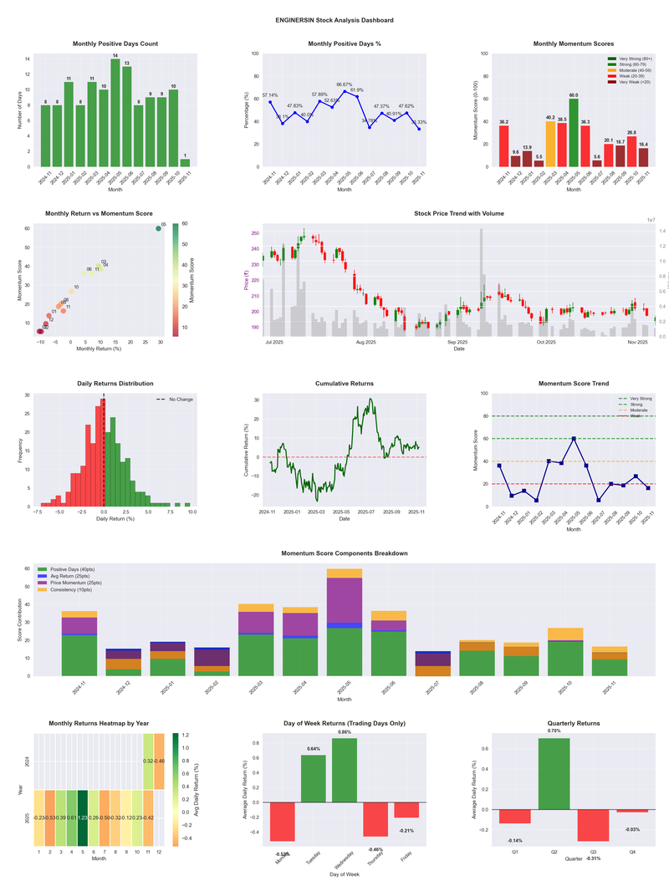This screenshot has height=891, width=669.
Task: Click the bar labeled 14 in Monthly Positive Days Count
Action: [x=115, y=113]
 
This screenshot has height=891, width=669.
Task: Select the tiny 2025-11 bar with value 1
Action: [x=185, y=162]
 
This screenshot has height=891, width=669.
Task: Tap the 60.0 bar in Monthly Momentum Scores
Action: [x=573, y=133]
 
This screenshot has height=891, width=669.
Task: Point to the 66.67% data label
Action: [x=344, y=84]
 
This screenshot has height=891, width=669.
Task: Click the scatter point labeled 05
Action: [x=158, y=228]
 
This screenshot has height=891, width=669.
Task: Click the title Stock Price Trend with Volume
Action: [x=458, y=214]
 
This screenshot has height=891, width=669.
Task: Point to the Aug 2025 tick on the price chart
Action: [x=365, y=342]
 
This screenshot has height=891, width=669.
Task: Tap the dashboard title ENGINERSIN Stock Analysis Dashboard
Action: [x=334, y=20]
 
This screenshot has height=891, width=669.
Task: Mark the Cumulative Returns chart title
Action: [x=345, y=384]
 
